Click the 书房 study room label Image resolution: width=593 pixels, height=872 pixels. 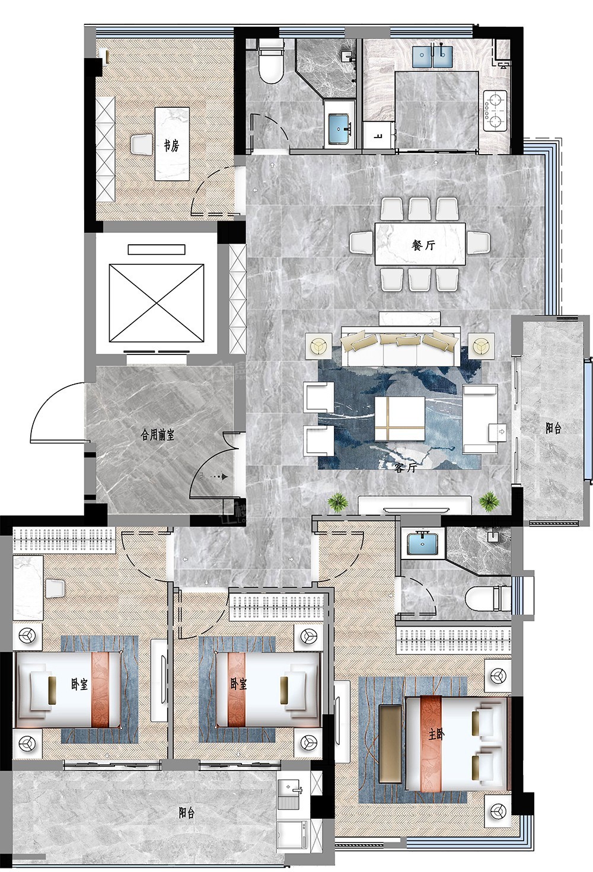click(x=171, y=146)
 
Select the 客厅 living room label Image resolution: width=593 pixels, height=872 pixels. click(x=406, y=468)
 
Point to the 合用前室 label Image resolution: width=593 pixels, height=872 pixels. click(x=157, y=435)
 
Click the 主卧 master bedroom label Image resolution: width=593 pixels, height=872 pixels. click(x=436, y=734)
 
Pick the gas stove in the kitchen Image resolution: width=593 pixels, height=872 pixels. click(x=495, y=111)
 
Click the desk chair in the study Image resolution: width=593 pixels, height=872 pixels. click(x=142, y=144)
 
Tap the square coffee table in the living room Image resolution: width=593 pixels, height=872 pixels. click(x=400, y=419)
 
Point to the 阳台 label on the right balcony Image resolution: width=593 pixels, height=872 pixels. click(x=553, y=429)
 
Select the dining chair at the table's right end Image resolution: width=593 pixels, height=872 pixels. click(x=479, y=241)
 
